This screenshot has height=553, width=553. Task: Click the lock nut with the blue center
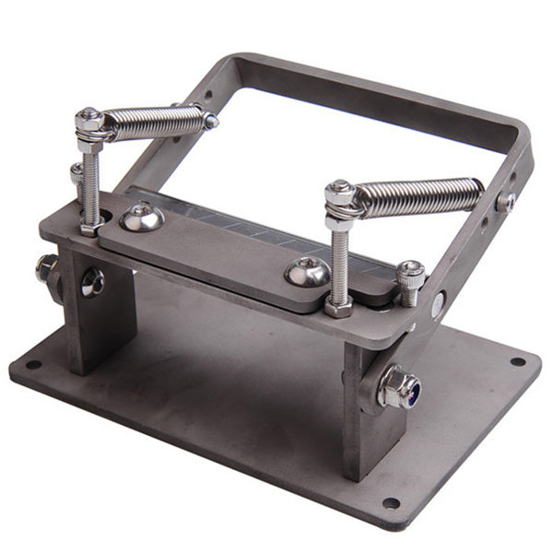[x=399, y=388]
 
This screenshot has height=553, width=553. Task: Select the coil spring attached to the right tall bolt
[x=419, y=196]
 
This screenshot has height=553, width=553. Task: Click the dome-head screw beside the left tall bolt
[x=141, y=218]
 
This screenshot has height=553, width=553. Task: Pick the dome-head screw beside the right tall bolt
[x=307, y=271]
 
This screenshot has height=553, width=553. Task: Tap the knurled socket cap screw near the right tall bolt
[x=411, y=275]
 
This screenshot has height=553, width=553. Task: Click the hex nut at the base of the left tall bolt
[x=89, y=226]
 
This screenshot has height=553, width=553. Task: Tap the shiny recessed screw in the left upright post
[x=92, y=282]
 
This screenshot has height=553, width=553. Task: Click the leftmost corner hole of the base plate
[x=34, y=364]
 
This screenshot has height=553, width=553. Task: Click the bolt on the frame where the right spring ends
[x=506, y=203]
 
